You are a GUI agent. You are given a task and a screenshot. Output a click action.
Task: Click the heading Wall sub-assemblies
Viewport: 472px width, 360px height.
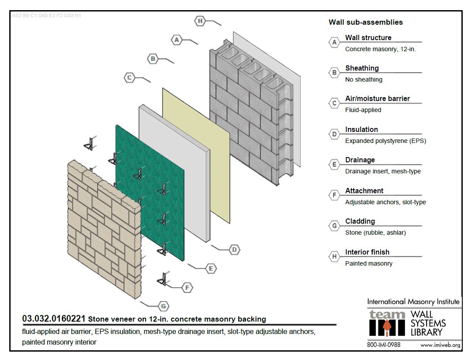(x=366, y=22)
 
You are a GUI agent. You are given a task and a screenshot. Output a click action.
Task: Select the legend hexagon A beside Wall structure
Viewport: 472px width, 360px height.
(x=334, y=42)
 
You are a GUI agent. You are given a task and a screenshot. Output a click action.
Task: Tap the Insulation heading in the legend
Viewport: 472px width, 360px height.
(x=361, y=129)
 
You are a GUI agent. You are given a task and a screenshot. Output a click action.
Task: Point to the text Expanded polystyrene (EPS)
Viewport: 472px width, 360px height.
(x=385, y=141)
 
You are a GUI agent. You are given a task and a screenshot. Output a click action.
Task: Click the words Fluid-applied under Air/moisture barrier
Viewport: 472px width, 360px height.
(x=363, y=110)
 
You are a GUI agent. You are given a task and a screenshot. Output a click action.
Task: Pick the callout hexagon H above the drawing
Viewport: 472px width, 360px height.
(x=200, y=21)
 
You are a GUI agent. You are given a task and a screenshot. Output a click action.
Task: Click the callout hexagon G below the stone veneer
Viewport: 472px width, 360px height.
(x=163, y=306)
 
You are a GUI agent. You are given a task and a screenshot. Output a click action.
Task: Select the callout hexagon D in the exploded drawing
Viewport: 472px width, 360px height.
(x=234, y=250)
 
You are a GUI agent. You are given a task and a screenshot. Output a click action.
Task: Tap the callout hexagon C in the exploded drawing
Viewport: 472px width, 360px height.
(x=129, y=78)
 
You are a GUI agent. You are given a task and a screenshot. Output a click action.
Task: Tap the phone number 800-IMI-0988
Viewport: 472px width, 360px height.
(x=384, y=345)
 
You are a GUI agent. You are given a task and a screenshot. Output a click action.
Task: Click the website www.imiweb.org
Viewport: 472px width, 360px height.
(x=440, y=345)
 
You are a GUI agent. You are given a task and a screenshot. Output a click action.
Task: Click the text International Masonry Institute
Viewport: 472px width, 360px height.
(x=413, y=302)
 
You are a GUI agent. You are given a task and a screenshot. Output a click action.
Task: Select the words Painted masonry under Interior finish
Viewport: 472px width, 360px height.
(x=369, y=263)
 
